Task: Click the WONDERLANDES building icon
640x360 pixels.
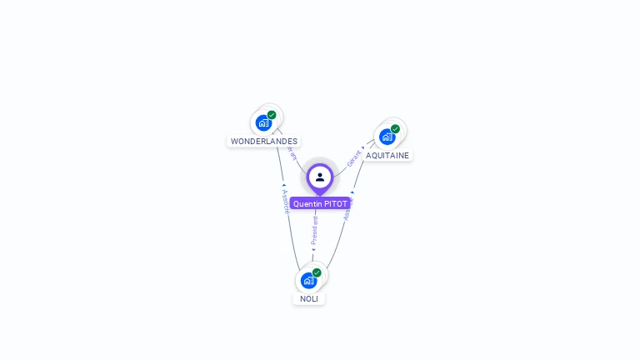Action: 264,122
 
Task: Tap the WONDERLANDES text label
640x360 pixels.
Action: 264,142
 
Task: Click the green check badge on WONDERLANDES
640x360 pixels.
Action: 272,115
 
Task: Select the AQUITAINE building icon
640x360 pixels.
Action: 387,137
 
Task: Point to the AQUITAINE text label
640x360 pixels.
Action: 387,155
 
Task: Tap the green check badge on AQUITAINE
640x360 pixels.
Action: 395,129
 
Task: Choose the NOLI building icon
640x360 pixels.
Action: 309,280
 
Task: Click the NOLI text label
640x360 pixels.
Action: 309,298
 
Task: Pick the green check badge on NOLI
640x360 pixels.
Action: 317,272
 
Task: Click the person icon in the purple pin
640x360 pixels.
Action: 320,177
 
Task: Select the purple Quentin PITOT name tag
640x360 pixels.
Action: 320,203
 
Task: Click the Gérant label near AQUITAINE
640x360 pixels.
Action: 355,156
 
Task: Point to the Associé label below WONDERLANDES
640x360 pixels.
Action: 286,201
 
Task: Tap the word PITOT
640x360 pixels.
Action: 335,203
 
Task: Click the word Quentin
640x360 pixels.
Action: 307,203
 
